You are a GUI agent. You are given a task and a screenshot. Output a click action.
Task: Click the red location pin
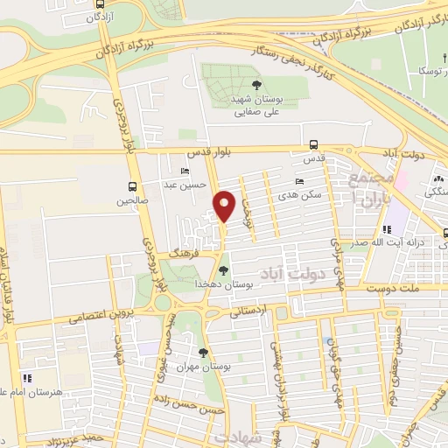[x=225, y=205]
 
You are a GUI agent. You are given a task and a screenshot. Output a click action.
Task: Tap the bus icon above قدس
[x=313, y=145]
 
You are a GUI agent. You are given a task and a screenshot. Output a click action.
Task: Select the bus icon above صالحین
[x=132, y=186]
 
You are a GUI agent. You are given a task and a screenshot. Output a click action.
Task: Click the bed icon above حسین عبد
[x=184, y=171]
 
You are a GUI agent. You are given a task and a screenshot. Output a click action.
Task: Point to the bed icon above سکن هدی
[x=300, y=181]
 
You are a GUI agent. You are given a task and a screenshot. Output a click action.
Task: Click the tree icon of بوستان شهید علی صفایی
[x=255, y=85]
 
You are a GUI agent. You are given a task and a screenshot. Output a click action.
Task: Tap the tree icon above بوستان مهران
[x=203, y=353]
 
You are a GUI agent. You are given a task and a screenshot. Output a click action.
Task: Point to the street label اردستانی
[x=252, y=311]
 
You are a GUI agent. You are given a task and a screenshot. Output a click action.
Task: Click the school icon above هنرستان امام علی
[x=26, y=378]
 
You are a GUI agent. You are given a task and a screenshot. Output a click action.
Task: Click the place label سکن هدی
[x=309, y=195]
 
